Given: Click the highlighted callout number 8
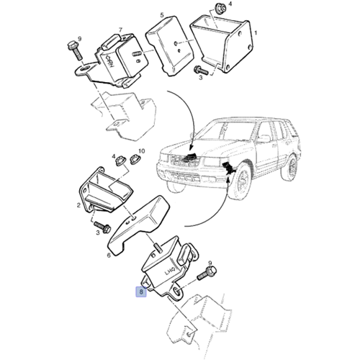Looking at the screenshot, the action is click(141, 292).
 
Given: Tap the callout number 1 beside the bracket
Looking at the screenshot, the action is click(256, 32).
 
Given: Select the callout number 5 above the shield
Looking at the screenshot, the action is click(162, 15).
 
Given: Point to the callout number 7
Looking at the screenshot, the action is click(120, 30).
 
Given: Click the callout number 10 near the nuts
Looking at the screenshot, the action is click(142, 151).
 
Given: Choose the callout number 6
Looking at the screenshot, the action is click(109, 256).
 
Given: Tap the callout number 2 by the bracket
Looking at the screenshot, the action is click(78, 205).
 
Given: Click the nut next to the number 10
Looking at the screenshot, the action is click(135, 159).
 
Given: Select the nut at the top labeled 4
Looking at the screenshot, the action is click(220, 9).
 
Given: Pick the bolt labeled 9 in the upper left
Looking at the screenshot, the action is click(76, 50).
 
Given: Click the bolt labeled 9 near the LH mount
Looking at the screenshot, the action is click(207, 274).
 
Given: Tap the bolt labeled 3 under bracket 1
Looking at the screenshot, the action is click(201, 70).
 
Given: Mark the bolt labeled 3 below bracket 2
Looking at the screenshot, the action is click(102, 227).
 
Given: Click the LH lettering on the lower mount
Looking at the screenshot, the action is click(170, 272).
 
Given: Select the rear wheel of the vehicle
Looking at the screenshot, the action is click(290, 167).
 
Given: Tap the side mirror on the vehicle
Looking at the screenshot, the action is click(264, 138).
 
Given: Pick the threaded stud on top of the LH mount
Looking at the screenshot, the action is click(158, 248).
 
